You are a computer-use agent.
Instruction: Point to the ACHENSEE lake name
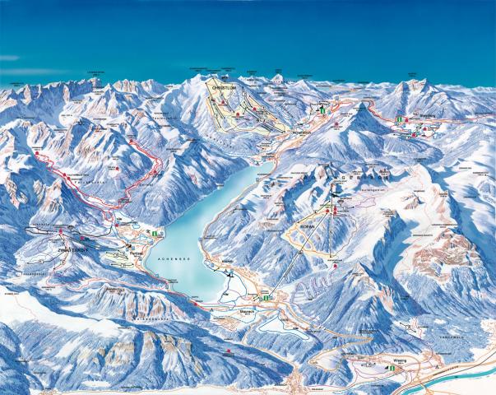[172, 258]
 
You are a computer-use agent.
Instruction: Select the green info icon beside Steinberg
[399, 120]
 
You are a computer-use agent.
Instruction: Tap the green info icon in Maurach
[267, 297]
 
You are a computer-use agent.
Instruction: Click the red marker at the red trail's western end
[38, 155]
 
